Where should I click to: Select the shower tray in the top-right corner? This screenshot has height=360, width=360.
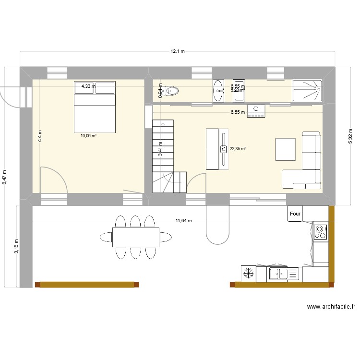point(307,91)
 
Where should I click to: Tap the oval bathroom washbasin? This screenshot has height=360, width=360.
point(218,91)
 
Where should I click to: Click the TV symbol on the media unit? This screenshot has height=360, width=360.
point(223,149)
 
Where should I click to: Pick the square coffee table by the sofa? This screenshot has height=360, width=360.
point(285,148)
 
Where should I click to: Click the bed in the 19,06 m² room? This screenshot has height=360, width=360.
point(95,107)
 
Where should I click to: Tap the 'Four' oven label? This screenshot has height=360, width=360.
point(294,214)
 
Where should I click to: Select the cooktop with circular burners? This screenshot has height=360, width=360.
point(320,232)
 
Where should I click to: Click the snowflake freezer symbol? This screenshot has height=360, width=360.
point(248,274)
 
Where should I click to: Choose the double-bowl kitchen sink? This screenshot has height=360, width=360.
point(284,274)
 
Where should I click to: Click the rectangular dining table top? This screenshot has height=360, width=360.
point(136,237)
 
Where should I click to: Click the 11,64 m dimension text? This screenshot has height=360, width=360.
point(183,221)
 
